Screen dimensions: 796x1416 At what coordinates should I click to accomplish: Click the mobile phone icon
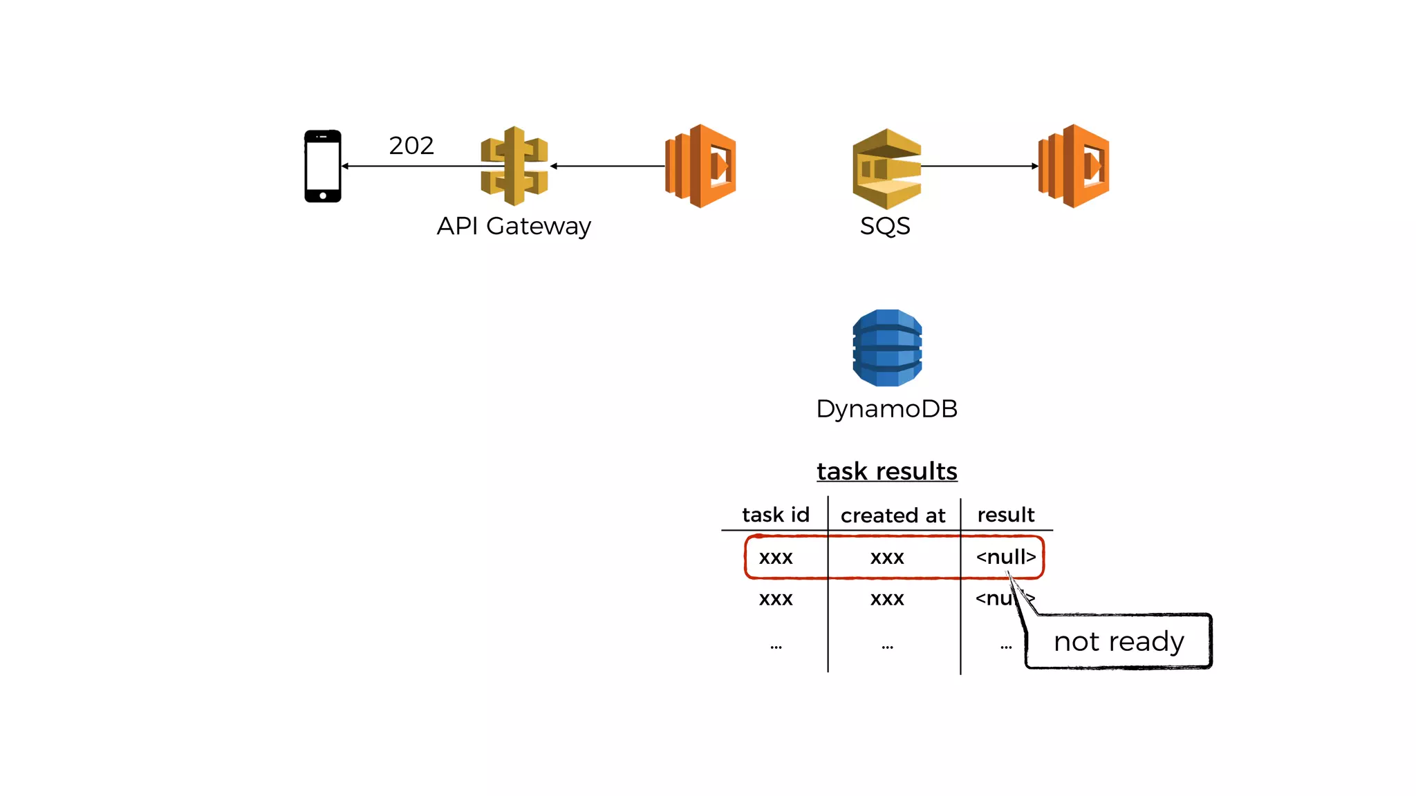click(x=323, y=166)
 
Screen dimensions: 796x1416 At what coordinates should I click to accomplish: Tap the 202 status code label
click(x=411, y=146)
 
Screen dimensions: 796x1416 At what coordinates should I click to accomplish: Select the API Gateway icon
click(x=514, y=166)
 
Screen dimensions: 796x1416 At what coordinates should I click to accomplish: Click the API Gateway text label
click(x=514, y=226)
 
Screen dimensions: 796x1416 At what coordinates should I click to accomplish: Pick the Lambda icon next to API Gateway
click(x=700, y=166)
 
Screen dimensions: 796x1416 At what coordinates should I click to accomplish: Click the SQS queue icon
click(x=886, y=169)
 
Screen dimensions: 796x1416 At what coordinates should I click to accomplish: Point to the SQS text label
click(x=885, y=226)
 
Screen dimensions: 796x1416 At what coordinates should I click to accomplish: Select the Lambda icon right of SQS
click(x=1074, y=166)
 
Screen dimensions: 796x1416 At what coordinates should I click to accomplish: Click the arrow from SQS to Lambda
click(x=979, y=166)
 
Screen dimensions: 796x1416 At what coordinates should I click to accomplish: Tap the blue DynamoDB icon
click(x=887, y=348)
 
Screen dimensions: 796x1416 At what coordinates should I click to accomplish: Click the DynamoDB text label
click(x=887, y=408)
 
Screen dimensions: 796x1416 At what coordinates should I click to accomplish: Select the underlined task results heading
click(x=887, y=471)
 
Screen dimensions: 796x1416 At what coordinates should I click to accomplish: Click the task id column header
click(x=776, y=515)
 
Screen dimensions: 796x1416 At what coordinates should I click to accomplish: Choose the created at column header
click(x=893, y=515)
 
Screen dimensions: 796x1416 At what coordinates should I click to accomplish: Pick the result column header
click(x=1006, y=515)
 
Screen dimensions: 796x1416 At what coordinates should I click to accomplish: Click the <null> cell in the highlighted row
click(x=1006, y=557)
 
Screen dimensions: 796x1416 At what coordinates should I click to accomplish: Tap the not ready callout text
click(x=1119, y=642)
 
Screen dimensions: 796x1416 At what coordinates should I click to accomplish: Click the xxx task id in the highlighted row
click(x=776, y=558)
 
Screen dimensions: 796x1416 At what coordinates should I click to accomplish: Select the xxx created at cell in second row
click(x=887, y=599)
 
